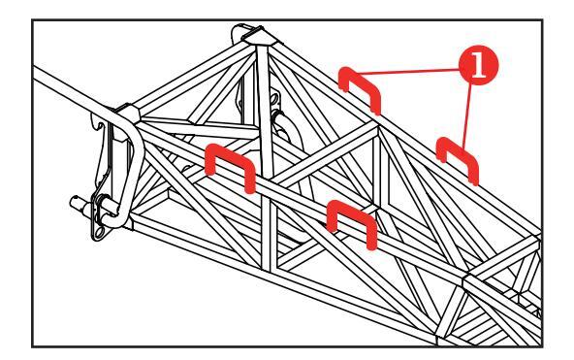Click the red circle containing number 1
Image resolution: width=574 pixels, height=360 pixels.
(x=478, y=65)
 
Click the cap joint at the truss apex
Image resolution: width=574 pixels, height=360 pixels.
(x=259, y=37)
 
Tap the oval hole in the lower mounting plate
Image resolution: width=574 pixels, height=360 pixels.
(x=100, y=232)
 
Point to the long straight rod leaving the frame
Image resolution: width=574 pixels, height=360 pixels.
(x=74, y=89)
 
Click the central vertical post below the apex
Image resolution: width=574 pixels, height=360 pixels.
(x=265, y=110)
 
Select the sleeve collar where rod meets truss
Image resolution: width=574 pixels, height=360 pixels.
(x=127, y=113)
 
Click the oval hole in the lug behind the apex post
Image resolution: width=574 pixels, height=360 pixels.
(x=273, y=100)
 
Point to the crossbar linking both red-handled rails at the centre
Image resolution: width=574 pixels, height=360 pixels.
(x=325, y=154)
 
